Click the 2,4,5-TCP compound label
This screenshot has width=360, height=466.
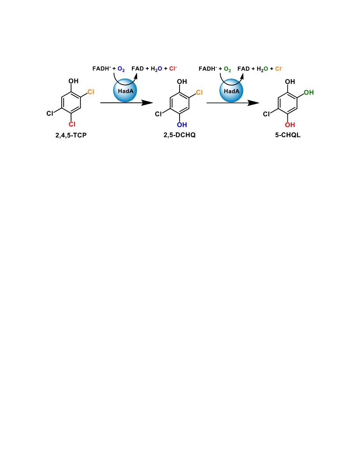coord(71,135)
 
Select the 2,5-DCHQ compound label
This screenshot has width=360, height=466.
coord(180,135)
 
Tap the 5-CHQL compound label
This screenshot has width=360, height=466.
coord(288,135)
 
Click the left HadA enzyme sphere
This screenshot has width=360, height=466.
coord(125,90)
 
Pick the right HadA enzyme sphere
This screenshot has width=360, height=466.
coord(231,90)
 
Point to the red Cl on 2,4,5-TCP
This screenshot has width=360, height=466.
coord(72,124)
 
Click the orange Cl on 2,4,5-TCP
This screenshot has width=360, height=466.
coord(91,92)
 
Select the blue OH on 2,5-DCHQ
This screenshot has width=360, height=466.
coord(182,125)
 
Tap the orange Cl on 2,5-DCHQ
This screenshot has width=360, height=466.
coord(199,92)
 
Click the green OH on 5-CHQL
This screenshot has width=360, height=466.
coord(309,92)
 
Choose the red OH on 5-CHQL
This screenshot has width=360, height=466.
coord(290,125)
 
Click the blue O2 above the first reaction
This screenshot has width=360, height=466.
coord(121,69)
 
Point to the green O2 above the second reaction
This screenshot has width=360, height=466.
coord(227,69)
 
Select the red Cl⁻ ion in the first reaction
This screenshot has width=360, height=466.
coord(173,69)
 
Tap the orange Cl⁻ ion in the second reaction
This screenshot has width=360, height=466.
coord(279,69)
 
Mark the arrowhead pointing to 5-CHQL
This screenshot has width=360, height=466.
coord(253,103)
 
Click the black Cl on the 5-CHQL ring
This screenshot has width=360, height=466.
coord(266,114)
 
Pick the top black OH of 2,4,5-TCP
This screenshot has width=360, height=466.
coord(73,81)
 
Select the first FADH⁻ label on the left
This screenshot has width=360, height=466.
coord(101,69)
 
